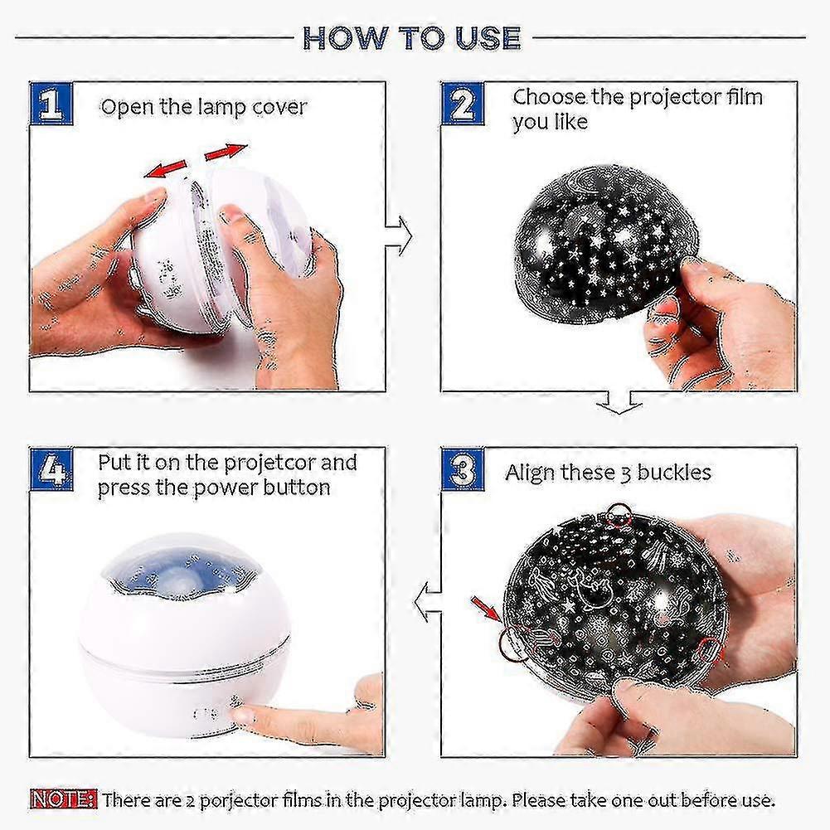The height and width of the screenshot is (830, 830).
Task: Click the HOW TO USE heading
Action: tap(412, 38)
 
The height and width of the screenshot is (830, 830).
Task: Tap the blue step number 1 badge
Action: tap(51, 104)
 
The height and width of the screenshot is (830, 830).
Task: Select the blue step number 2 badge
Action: tap(463, 104)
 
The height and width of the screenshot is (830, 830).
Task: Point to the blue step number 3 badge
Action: tap(463, 469)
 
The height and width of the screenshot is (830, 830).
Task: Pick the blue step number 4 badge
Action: tap(51, 469)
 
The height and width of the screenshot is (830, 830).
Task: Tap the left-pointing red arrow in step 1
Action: tap(165, 169)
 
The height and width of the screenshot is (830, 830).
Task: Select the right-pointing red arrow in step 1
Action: tap(226, 152)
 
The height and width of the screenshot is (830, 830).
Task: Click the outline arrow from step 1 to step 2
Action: tap(399, 236)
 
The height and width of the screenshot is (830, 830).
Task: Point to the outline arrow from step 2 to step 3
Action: tap(619, 403)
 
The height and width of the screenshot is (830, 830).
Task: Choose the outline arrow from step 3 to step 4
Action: tap(428, 601)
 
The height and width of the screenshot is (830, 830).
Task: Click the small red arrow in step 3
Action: tap(486, 609)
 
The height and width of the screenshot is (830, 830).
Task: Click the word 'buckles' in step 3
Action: tap(674, 473)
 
